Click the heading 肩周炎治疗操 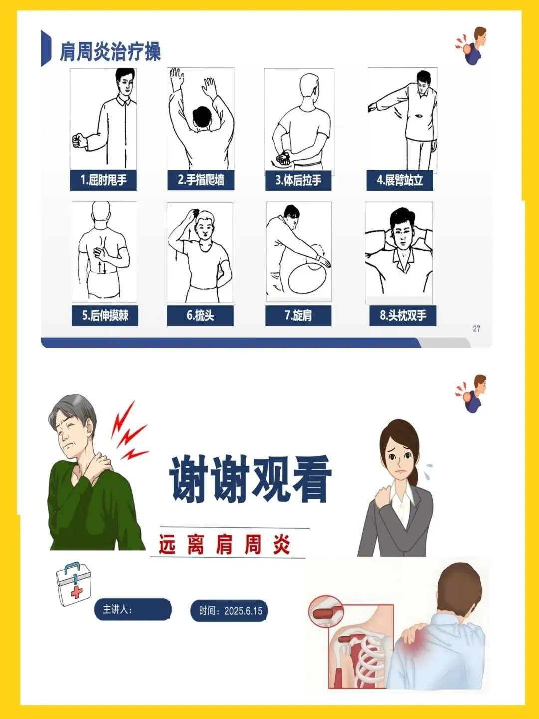(x=110, y=52)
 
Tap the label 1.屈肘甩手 (x=103, y=180)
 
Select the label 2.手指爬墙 (x=201, y=180)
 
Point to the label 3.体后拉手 (x=298, y=180)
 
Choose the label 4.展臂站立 (x=400, y=180)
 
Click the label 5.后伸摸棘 (x=105, y=316)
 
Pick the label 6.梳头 (x=200, y=316)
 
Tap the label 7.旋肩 (x=298, y=316)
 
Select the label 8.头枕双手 (x=403, y=316)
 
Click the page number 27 (x=477, y=328)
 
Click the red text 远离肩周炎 (x=225, y=544)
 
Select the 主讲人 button (x=133, y=609)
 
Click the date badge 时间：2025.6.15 (x=229, y=611)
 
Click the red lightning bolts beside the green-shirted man (x=129, y=431)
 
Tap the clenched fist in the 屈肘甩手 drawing (x=79, y=141)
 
